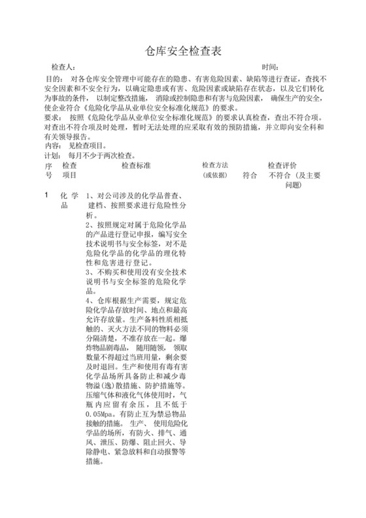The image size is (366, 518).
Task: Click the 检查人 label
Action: point(63,67)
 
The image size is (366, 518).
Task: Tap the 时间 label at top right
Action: point(271,67)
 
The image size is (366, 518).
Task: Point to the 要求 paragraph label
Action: point(53,118)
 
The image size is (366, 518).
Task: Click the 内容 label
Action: point(53,147)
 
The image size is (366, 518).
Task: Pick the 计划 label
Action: point(53,156)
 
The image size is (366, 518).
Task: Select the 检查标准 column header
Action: point(136,166)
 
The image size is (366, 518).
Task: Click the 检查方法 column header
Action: point(215,166)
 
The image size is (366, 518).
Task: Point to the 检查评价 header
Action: point(282,166)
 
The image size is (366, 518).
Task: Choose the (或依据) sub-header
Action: point(215,176)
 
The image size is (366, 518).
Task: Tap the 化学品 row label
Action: point(69,200)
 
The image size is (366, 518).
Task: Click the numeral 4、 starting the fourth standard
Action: point(90,300)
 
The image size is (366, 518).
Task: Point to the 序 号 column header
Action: point(47,171)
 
